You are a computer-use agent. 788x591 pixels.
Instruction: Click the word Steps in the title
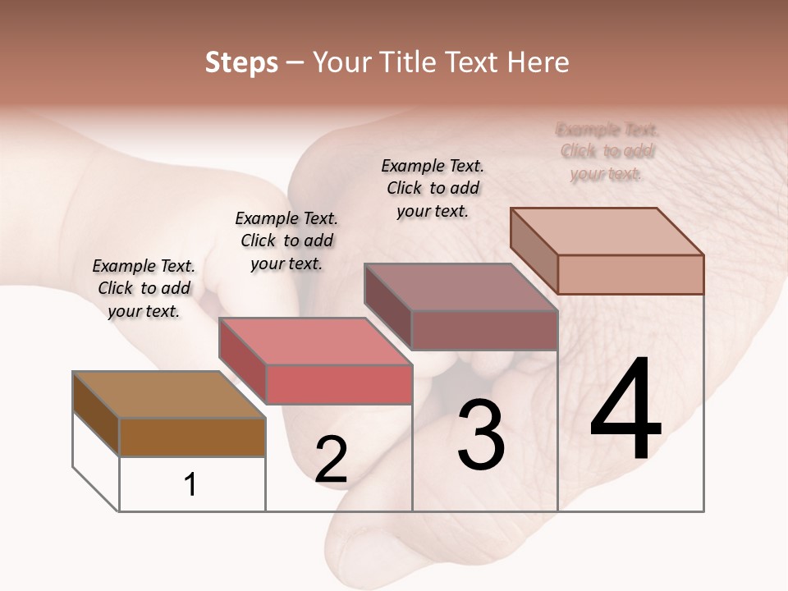pyautogui.click(x=241, y=62)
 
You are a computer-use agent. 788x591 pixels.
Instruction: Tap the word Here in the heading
pyautogui.click(x=538, y=62)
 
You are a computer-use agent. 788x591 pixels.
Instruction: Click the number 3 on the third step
pyautogui.click(x=481, y=435)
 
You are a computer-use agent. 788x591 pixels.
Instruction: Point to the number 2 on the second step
pyautogui.click(x=332, y=460)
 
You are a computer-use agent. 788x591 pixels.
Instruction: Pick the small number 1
pyautogui.click(x=190, y=485)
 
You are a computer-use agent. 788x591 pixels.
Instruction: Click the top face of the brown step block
pyautogui.click(x=169, y=395)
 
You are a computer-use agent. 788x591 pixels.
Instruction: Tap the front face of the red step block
pyautogui.click(x=339, y=384)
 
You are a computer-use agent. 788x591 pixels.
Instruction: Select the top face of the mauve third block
pyautogui.click(x=460, y=287)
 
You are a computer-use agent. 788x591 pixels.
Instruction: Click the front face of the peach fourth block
pyautogui.click(x=630, y=274)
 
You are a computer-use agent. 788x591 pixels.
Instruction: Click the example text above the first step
pyautogui.click(x=144, y=288)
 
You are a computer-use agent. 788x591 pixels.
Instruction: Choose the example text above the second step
pyautogui.click(x=286, y=241)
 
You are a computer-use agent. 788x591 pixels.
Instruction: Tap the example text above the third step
pyautogui.click(x=433, y=188)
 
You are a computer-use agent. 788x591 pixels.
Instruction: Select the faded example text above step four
pyautogui.click(x=607, y=151)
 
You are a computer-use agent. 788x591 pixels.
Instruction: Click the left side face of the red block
pyautogui.click(x=242, y=361)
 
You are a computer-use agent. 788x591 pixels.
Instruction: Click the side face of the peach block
pyautogui.click(x=534, y=251)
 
